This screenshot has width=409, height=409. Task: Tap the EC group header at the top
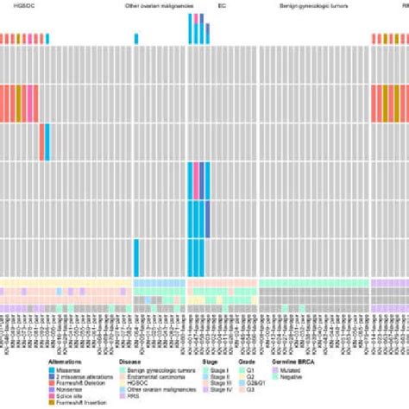199,6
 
